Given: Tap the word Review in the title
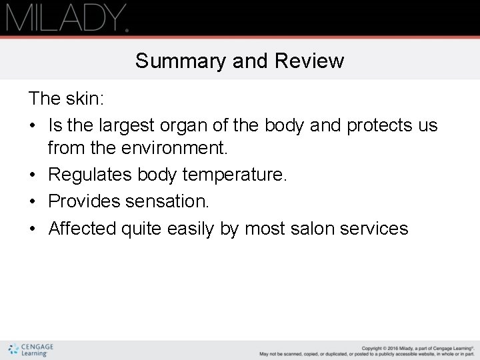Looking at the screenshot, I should click(x=311, y=61).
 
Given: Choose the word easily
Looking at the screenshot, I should click(x=194, y=228).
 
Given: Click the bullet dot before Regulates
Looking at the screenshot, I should click(x=33, y=176).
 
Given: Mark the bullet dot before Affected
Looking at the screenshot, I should click(x=33, y=228).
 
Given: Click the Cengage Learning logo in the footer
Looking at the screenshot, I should click(x=31, y=350).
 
